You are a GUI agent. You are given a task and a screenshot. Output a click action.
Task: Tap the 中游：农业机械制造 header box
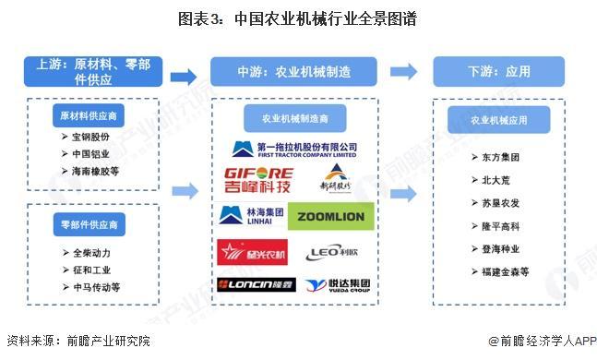click(x=293, y=71)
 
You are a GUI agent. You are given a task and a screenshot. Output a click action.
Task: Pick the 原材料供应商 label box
click(x=89, y=116)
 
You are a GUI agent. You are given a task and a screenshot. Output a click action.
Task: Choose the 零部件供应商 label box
click(x=89, y=225)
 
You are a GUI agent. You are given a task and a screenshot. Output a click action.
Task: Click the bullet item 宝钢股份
click(x=92, y=137)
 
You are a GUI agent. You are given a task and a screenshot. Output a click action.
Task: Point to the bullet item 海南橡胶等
click(x=95, y=171)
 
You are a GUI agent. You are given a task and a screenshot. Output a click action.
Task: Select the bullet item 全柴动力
click(x=92, y=252)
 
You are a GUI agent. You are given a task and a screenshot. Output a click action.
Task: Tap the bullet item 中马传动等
click(x=95, y=287)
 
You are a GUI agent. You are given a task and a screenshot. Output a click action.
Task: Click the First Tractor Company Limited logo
click(x=293, y=149)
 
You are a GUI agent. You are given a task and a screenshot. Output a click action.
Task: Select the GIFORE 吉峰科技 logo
click(x=258, y=181)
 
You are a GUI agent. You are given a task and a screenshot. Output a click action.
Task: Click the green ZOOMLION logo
click(x=331, y=218)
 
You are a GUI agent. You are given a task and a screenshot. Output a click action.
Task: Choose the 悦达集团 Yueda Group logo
click(x=336, y=284)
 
